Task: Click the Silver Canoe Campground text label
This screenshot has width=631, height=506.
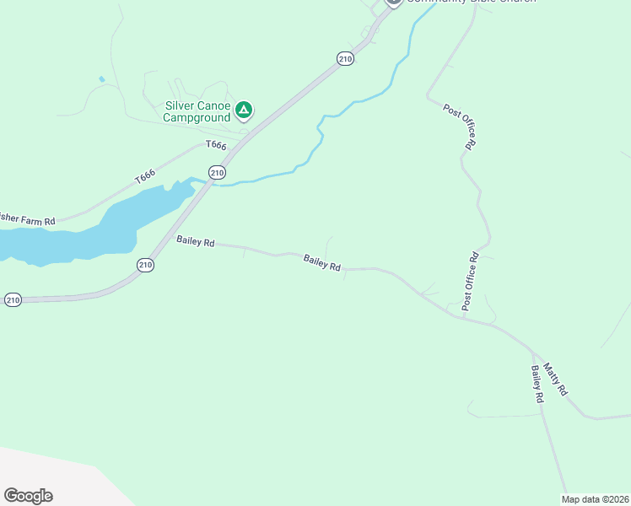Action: point(197,111)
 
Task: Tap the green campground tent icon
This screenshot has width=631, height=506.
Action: point(244,110)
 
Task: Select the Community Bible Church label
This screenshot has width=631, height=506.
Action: point(470,2)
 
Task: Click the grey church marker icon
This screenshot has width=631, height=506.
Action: point(393,2)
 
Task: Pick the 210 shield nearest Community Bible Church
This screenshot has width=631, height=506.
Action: point(344,58)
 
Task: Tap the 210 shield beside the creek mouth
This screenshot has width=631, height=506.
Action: point(218,173)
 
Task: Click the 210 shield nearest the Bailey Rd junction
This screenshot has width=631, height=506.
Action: point(145,265)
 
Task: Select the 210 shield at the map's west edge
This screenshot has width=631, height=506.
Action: point(12,300)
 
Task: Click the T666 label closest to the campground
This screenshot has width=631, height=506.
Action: point(216,146)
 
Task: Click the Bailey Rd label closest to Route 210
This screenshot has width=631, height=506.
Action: point(195,241)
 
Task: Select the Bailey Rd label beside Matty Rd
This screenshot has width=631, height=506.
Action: point(536,385)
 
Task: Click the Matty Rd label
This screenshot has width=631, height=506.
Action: point(556,379)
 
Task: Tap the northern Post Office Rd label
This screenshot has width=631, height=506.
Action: point(460,126)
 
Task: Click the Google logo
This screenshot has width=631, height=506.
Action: point(28,496)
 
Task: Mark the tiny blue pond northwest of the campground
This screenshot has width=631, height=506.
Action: point(102,79)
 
